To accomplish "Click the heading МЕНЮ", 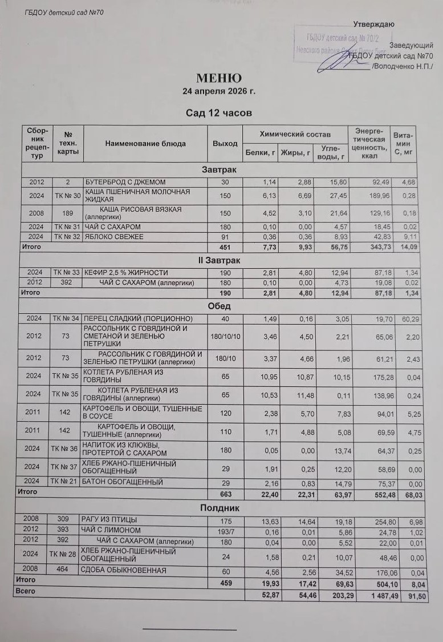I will tap(219, 78).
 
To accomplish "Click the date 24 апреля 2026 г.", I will tap(219, 91).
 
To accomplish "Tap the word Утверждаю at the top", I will tap(373, 24).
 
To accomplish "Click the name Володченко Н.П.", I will tap(403, 67).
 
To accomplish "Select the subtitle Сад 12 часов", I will tap(219, 113).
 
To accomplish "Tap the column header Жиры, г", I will tap(295, 152).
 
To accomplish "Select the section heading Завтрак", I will tap(219, 169).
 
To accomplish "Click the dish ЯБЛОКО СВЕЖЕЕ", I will tap(114, 237).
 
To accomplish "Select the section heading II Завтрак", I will tap(219, 260).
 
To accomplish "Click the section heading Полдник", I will tap(219, 508).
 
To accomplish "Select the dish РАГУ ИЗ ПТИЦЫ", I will tap(110, 520).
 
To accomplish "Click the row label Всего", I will tap(25, 592).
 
